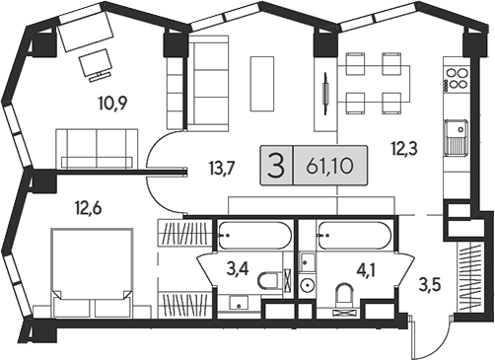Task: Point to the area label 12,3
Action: [403, 149]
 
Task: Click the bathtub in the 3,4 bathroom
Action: [253, 238]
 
